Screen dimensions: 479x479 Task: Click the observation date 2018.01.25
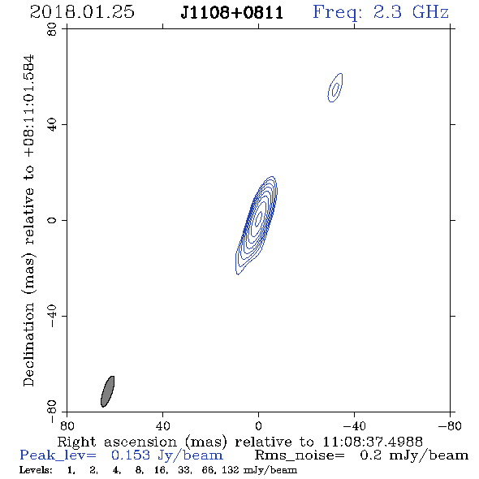pos(82,12)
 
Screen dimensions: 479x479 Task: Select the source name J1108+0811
pos(232,13)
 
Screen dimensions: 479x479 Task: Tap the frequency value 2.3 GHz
pos(411,12)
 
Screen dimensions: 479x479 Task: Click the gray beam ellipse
pos(107,391)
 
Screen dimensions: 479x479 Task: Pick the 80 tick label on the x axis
pos(67,425)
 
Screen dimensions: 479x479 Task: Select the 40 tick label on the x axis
pos(162,425)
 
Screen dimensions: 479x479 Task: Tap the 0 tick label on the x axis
pos(258,425)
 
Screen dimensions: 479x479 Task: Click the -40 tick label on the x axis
pos(354,425)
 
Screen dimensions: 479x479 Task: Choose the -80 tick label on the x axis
pos(450,425)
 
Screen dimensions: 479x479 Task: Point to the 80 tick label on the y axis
pos(52,29)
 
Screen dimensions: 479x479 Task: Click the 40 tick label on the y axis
pos(52,125)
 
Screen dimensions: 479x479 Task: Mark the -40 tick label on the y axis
pos(52,316)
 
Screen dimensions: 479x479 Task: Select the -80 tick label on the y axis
pos(52,412)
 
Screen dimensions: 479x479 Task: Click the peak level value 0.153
pos(131,455)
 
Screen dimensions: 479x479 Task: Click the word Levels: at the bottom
pos(36,469)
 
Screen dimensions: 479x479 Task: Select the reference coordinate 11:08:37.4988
pos(373,442)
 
